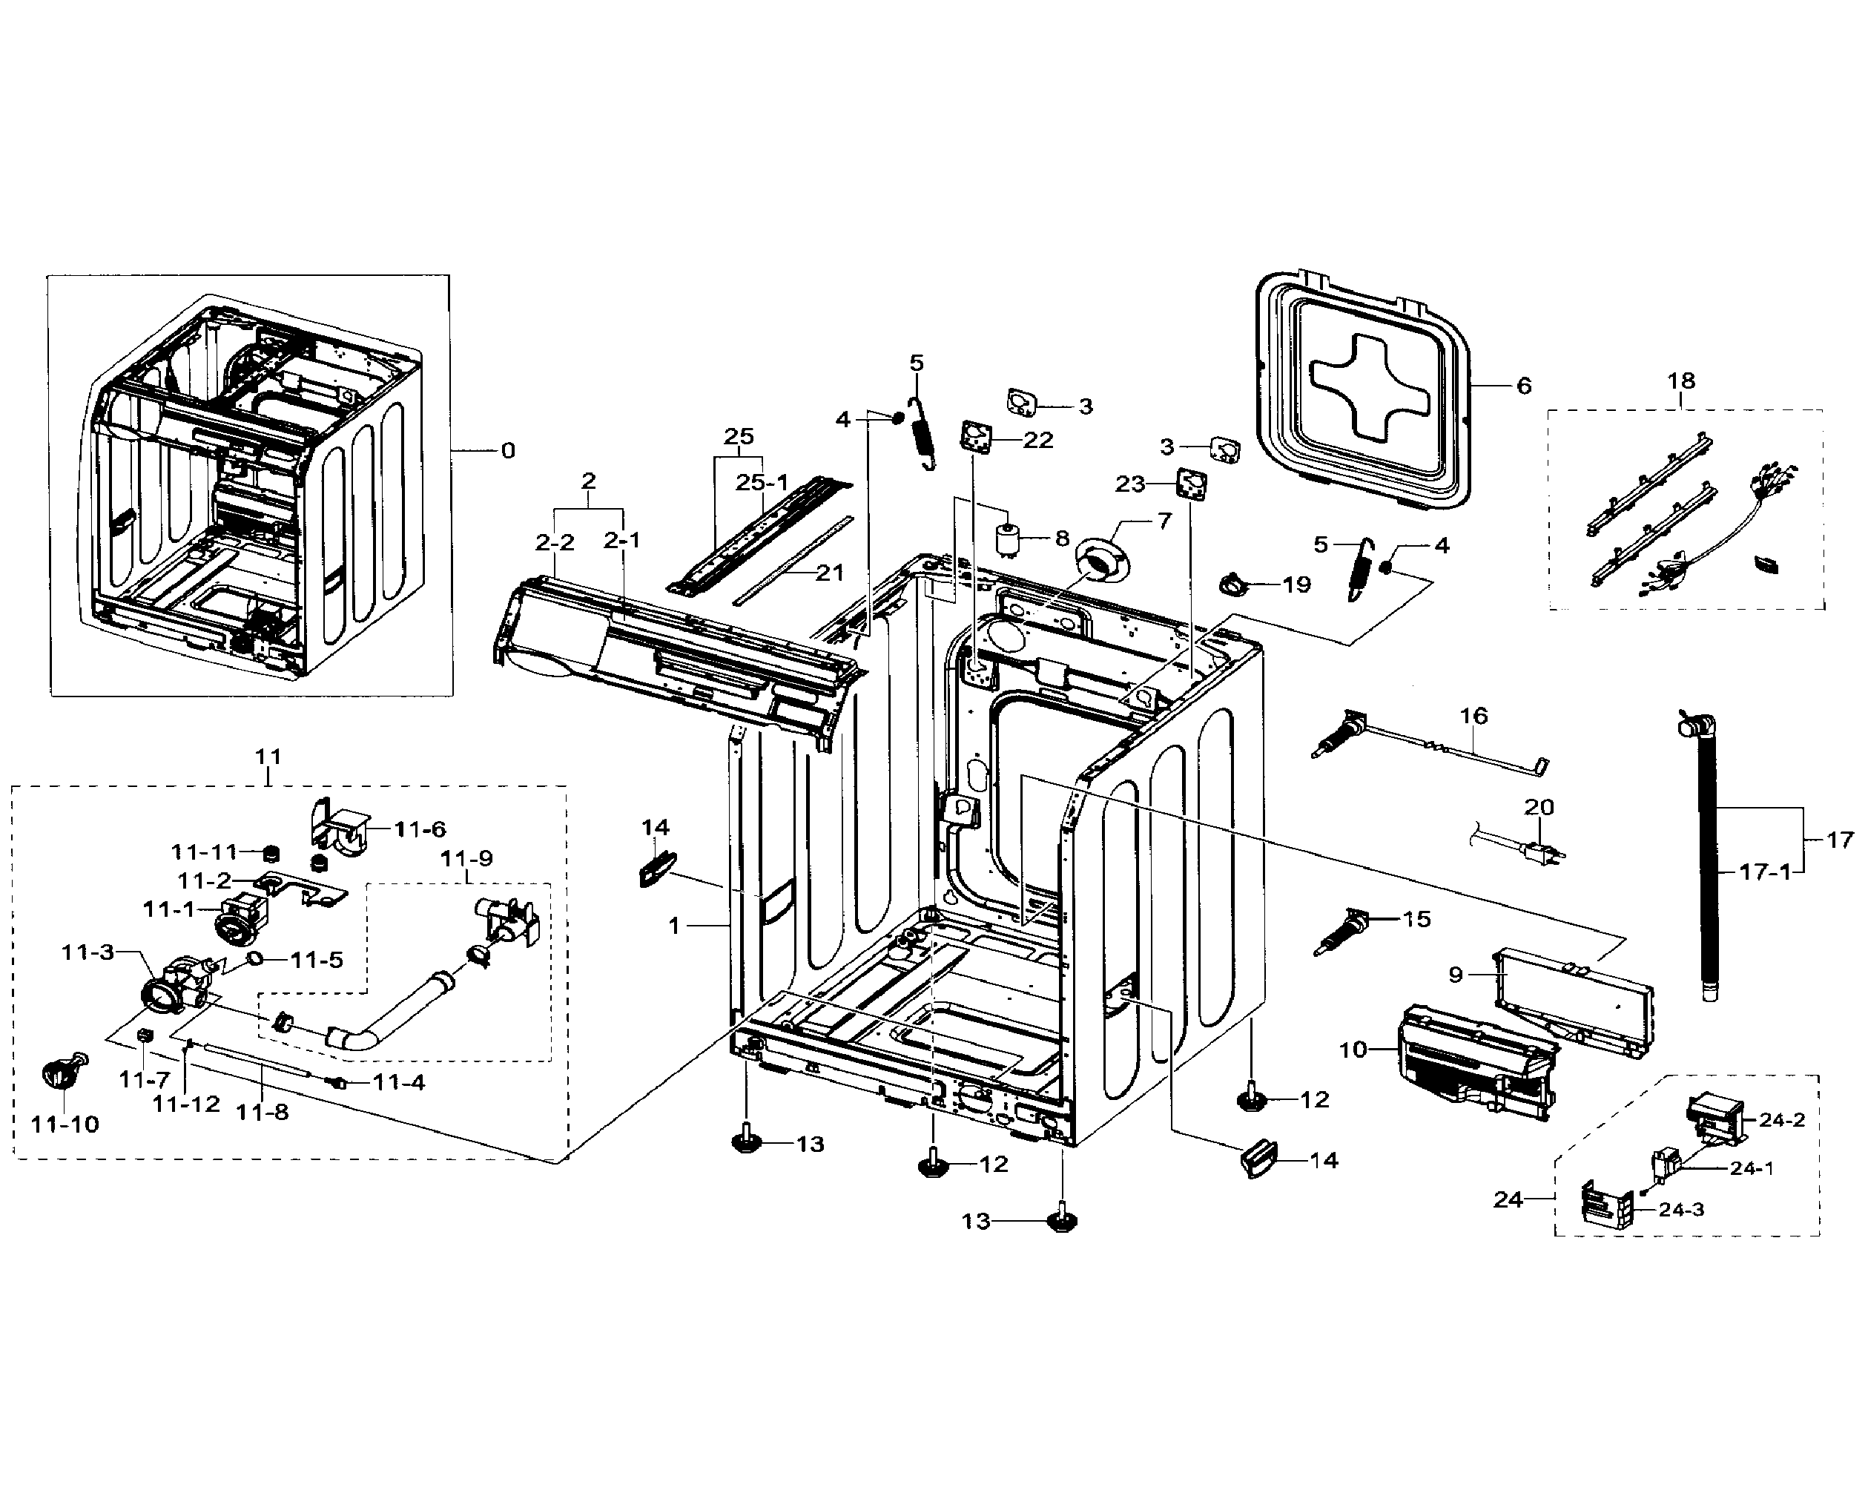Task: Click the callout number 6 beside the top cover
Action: click(x=1524, y=386)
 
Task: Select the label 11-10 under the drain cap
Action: click(x=65, y=1124)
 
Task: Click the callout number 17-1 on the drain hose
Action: click(x=1765, y=872)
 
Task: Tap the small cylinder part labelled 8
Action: click(x=1008, y=543)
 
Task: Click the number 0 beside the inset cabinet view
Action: click(x=508, y=450)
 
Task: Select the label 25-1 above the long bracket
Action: click(x=762, y=483)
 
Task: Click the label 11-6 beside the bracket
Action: click(x=420, y=830)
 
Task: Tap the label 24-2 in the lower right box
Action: click(x=1781, y=1120)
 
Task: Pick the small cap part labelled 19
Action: click(x=1233, y=585)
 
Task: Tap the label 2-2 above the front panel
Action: click(x=555, y=543)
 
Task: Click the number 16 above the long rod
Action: click(x=1473, y=716)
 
